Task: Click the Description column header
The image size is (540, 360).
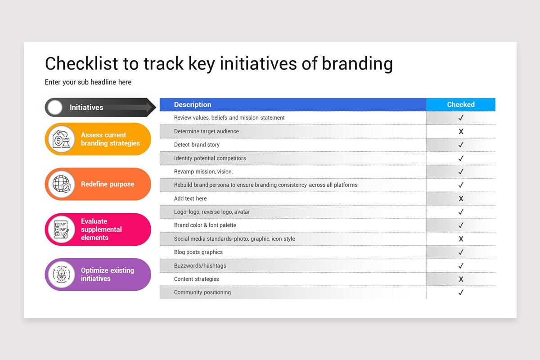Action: click(193, 104)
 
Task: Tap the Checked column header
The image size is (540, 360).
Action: click(461, 104)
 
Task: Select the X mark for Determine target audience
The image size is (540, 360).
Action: click(461, 131)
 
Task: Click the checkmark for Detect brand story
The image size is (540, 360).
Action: click(461, 145)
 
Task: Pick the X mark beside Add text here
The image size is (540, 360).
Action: click(461, 199)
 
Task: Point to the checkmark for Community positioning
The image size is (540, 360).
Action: click(461, 292)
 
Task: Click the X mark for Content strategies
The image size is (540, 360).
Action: click(461, 279)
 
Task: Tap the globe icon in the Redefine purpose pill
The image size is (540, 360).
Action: click(62, 184)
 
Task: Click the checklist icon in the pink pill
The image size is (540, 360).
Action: click(61, 229)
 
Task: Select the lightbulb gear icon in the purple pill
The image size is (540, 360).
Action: click(62, 274)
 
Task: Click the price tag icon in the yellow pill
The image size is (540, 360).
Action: click(62, 139)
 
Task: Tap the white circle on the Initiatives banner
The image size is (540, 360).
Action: click(55, 107)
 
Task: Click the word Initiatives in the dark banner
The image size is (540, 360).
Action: click(86, 107)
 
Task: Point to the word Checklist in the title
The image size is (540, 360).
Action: click(81, 63)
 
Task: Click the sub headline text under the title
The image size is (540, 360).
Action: click(88, 82)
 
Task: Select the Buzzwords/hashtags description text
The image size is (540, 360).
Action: click(200, 265)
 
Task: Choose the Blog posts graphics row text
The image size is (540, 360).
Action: click(198, 252)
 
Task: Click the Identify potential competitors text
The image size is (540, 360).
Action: click(210, 158)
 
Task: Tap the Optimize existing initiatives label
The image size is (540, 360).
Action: click(108, 274)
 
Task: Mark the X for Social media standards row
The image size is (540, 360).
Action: click(461, 238)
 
